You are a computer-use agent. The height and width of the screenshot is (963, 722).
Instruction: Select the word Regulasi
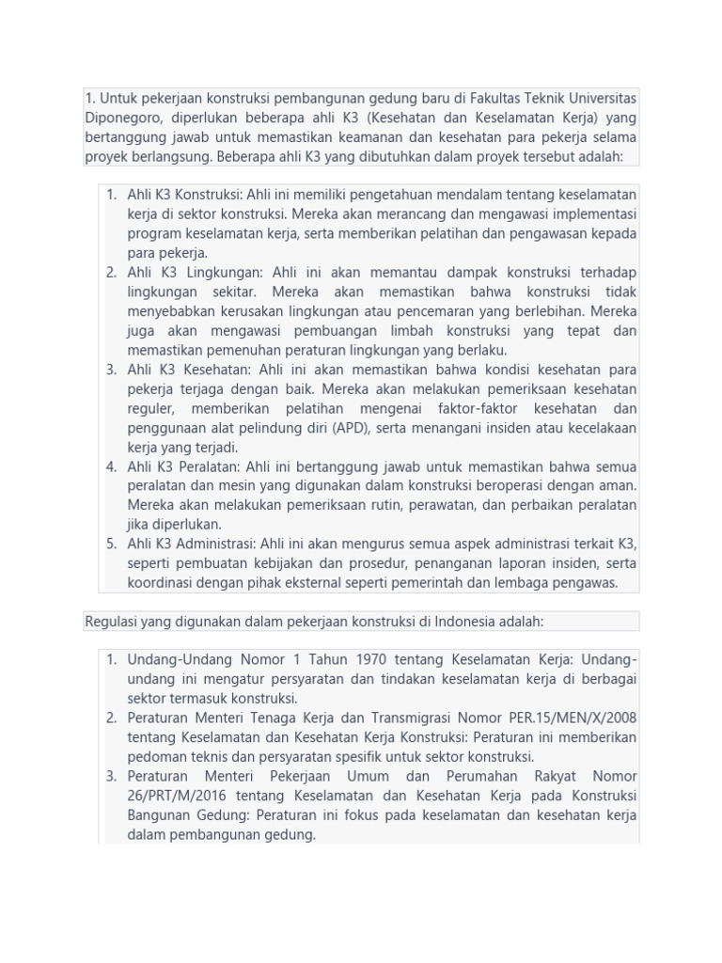[x=113, y=621]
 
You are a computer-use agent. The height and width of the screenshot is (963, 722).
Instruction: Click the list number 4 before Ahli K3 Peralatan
[x=111, y=466]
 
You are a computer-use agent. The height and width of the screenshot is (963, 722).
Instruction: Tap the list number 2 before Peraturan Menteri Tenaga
[x=111, y=718]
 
